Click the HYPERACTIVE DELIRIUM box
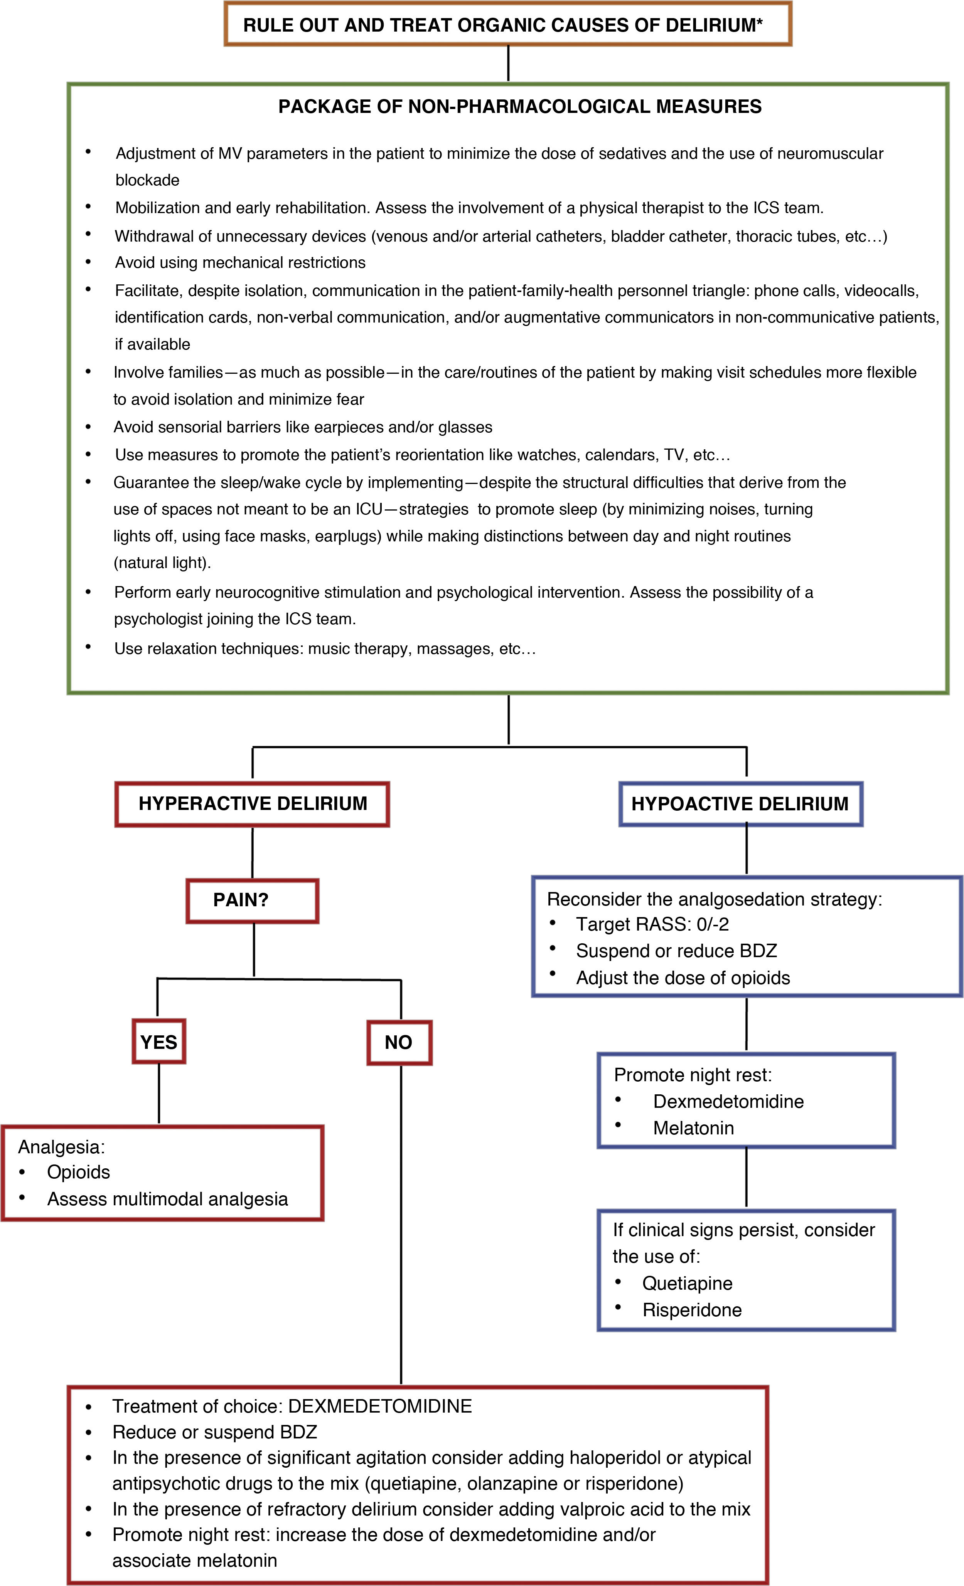point(253,804)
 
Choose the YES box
point(158,1042)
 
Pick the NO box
point(399,1042)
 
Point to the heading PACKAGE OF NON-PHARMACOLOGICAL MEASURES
point(520,107)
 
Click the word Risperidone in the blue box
point(692,1310)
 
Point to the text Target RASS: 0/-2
point(652,924)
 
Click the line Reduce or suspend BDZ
point(214,1432)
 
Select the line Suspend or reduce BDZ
point(676,951)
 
